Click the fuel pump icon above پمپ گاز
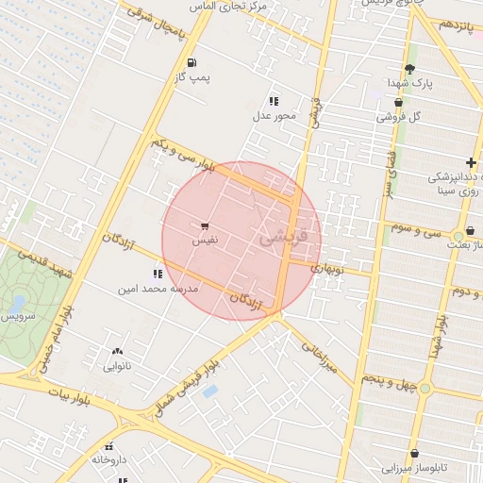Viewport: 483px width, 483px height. click(x=192, y=64)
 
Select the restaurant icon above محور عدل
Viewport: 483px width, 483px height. click(x=274, y=101)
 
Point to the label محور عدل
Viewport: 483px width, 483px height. click(x=274, y=116)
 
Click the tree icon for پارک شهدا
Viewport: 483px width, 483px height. click(x=409, y=69)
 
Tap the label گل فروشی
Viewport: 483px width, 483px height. click(x=398, y=117)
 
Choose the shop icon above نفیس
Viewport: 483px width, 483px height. click(x=205, y=226)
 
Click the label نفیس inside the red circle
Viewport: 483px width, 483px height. click(x=205, y=241)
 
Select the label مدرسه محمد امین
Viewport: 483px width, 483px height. click(x=157, y=289)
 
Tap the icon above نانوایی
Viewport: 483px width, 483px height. click(x=117, y=351)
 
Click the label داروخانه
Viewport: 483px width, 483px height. click(x=109, y=459)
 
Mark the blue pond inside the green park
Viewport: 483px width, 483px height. click(x=18, y=304)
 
